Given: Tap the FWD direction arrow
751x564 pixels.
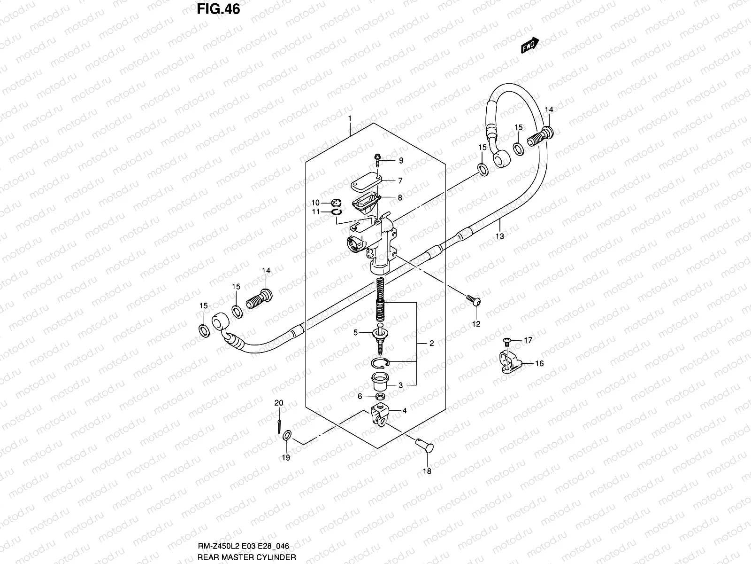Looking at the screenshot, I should coord(530,46).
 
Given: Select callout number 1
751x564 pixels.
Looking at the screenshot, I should coord(350,117).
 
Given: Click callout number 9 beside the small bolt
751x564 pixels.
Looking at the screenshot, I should coord(401,161).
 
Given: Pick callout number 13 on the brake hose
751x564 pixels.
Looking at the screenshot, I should coord(500,236).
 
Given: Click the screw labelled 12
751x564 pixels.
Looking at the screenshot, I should coord(473,299).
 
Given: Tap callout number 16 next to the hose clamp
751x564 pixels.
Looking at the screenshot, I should coord(539,363).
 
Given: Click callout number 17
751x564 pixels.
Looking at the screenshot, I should coord(528,340).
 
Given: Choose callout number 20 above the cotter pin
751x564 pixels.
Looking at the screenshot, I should coord(279,403).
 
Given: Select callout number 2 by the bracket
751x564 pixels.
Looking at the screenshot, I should coord(431,344).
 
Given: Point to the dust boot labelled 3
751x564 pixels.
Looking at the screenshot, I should coord(380,381).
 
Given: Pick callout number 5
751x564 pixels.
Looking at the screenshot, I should coord(355,332).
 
